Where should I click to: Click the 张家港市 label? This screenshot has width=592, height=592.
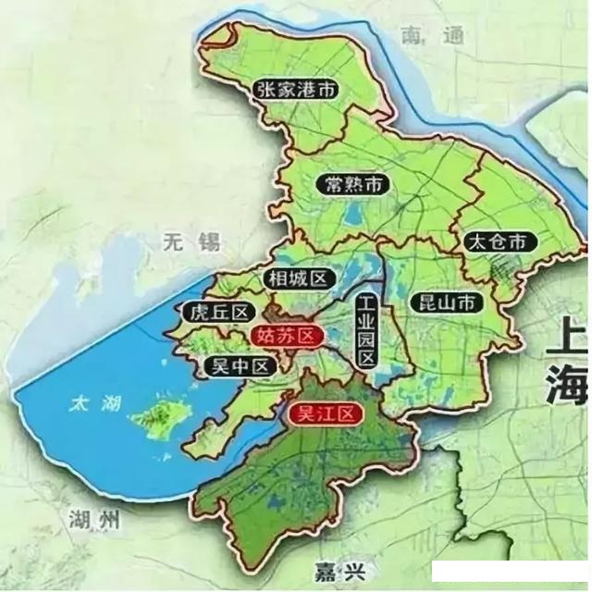pyautogui.click(x=295, y=90)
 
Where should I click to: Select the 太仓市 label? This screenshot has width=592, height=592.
pyautogui.click(x=499, y=242)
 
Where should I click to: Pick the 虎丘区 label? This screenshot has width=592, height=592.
pyautogui.click(x=215, y=312)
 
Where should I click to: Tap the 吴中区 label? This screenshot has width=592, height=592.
pyautogui.click(x=240, y=366)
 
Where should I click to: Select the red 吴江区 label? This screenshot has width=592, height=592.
pyautogui.click(x=324, y=414)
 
